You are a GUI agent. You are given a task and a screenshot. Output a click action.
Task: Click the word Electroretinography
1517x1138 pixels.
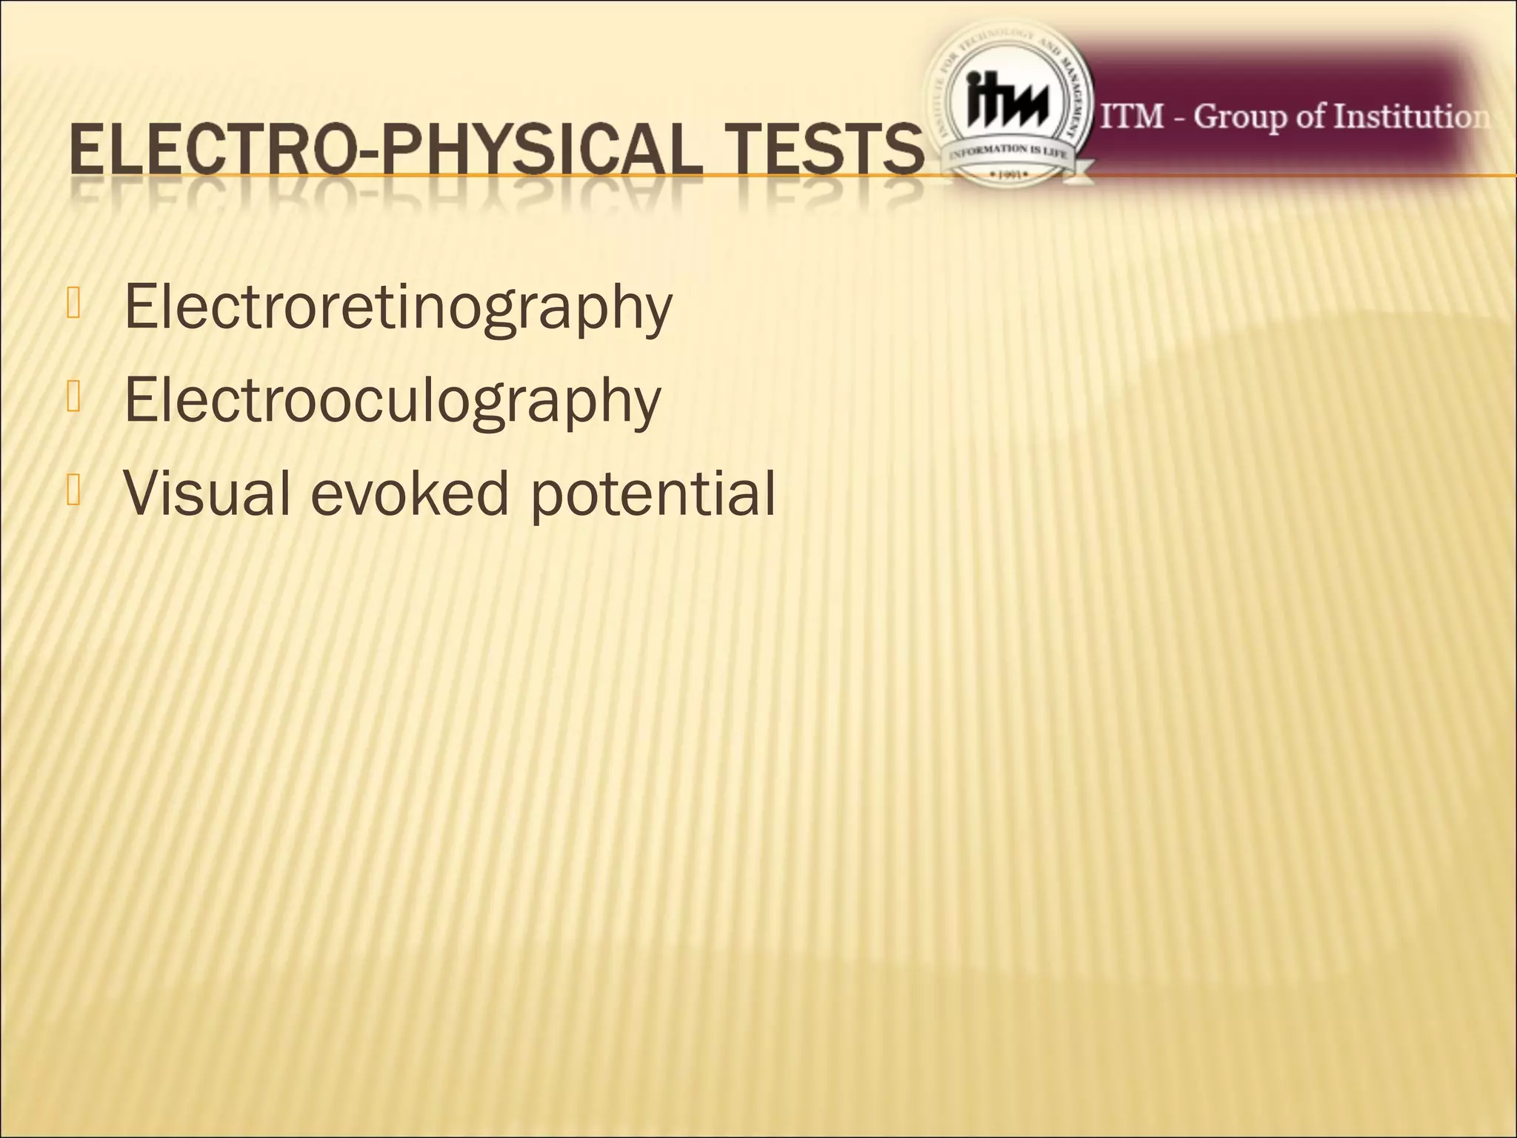[x=398, y=307]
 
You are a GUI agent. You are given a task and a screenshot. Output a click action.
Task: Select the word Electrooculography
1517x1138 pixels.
[x=392, y=400]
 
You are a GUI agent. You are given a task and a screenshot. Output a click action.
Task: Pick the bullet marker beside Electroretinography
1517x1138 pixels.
[x=73, y=305]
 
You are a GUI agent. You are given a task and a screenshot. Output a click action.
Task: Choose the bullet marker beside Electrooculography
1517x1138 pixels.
[x=73, y=398]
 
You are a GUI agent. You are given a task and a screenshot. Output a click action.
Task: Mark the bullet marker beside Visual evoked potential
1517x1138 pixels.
[x=73, y=490]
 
